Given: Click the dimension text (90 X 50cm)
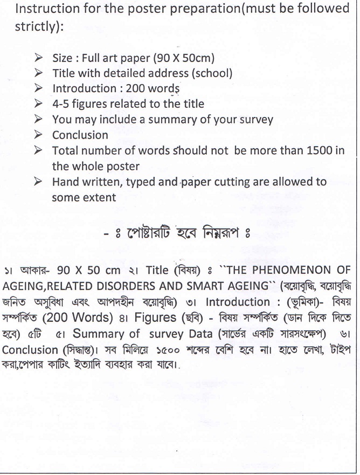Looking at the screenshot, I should point(184,58).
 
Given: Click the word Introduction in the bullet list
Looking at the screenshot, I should point(84,88).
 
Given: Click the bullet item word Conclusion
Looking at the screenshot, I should point(80,135).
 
